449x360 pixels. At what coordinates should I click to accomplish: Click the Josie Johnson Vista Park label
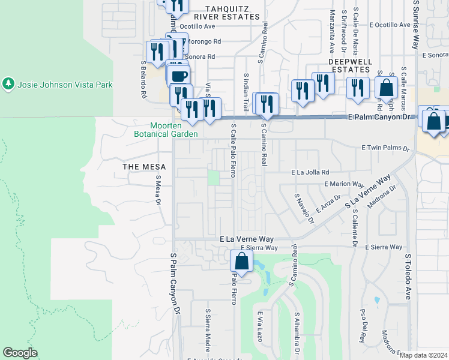pos(65,85)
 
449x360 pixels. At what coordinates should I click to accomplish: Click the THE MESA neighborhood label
pos(140,166)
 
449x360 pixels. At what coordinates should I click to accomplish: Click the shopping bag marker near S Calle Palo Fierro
pos(241,262)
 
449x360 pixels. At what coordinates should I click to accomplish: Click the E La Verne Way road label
pos(247,239)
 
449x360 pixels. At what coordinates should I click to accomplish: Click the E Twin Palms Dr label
pos(385,148)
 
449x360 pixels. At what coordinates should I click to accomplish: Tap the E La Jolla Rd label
pos(310,172)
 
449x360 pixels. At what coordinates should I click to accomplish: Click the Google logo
pos(20,353)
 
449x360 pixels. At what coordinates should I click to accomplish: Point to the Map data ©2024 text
pos(423,355)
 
